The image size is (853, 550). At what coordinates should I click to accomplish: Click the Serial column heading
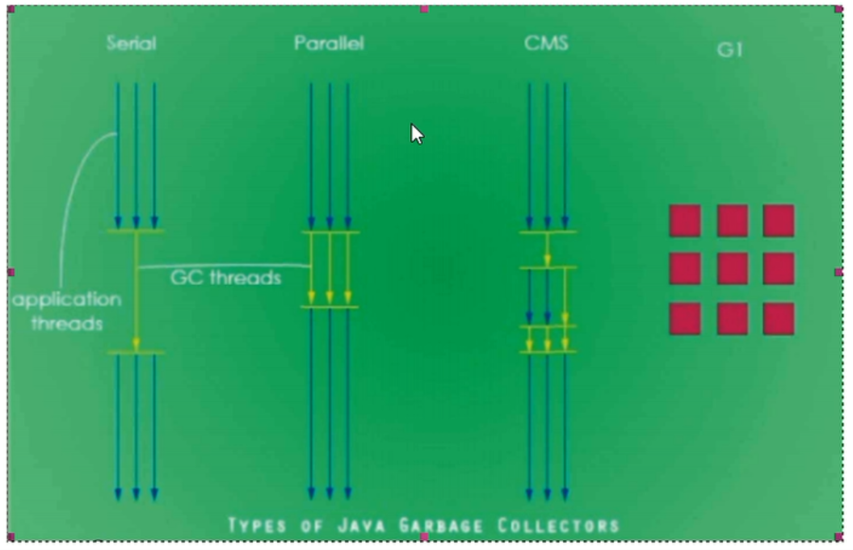[x=131, y=44]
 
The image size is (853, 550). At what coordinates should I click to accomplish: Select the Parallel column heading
[x=329, y=44]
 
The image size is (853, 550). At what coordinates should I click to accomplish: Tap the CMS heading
[x=546, y=44]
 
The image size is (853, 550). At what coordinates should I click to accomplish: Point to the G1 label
[x=730, y=50]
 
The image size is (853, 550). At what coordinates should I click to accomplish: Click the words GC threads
[x=225, y=278]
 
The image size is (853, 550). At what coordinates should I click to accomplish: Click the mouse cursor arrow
[x=416, y=133]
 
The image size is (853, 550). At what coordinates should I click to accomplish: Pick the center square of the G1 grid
[x=732, y=268]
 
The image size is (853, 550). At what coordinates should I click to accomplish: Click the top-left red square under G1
[x=685, y=220]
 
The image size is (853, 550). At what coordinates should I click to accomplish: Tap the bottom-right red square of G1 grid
[x=779, y=318]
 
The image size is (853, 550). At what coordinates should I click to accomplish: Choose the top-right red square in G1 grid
[x=779, y=220]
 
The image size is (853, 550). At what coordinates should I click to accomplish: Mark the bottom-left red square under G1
[x=685, y=318]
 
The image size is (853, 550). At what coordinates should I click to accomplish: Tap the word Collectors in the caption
[x=558, y=526]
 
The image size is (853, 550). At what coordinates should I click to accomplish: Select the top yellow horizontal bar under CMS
[x=548, y=233]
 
